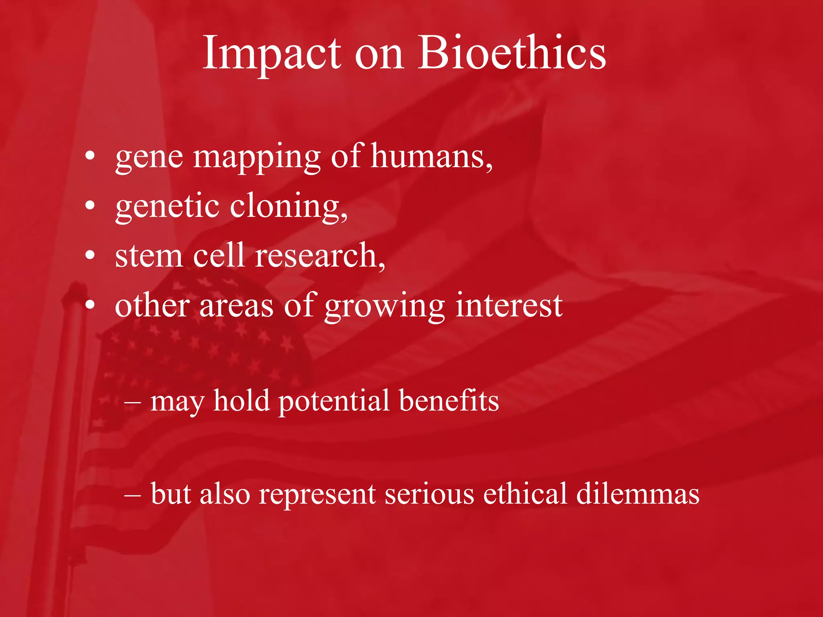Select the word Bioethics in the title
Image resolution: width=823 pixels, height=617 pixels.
click(x=512, y=53)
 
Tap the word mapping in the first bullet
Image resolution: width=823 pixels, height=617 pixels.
click(x=257, y=157)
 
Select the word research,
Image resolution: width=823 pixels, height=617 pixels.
click(x=320, y=256)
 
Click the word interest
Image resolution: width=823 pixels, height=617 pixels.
click(x=509, y=306)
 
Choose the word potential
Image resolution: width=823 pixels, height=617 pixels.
click(x=334, y=402)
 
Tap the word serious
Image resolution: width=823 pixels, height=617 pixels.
click(x=429, y=494)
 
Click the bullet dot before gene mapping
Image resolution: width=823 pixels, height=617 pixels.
click(x=90, y=155)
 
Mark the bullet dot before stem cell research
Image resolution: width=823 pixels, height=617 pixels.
click(x=90, y=255)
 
